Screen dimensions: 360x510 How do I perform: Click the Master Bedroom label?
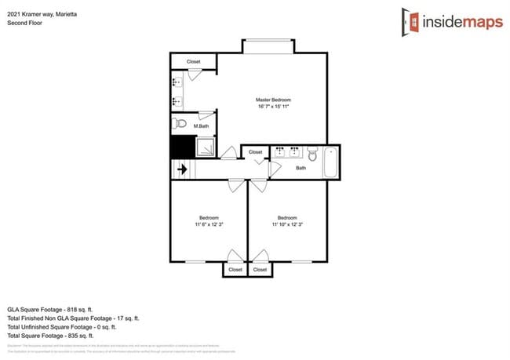click(273, 100)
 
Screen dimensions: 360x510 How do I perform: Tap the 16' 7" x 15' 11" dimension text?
click(273, 107)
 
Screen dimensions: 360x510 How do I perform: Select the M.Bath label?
click(202, 125)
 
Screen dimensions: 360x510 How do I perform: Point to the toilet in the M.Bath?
click(179, 124)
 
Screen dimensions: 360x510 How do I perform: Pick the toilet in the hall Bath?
click(311, 154)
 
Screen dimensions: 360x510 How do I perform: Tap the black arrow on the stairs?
click(181, 169)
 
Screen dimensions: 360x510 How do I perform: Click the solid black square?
click(182, 147)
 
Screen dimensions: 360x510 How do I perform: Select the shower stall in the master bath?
click(206, 147)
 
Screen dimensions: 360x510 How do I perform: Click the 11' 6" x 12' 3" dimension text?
click(209, 224)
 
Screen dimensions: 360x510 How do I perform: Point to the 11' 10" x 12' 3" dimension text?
click(286, 224)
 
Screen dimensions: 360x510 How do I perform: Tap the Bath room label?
click(301, 168)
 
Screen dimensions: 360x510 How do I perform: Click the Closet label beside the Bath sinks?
click(256, 151)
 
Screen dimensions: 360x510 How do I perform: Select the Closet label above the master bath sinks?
click(194, 61)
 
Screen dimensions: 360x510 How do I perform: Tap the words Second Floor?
click(24, 24)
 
